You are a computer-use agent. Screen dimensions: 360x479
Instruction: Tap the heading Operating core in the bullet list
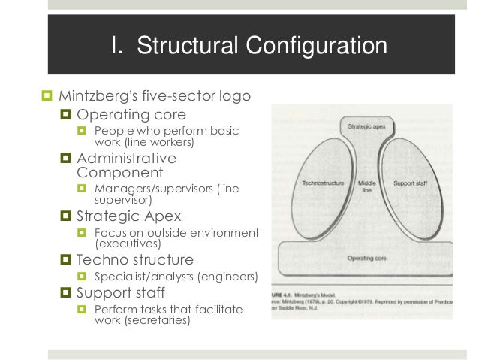(131, 115)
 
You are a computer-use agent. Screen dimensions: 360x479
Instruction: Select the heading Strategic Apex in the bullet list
(129, 216)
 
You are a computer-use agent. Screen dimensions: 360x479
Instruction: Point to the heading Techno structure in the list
(135, 259)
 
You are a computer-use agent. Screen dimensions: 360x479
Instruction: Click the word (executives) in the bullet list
(128, 244)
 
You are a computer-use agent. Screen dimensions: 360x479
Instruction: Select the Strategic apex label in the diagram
(367, 128)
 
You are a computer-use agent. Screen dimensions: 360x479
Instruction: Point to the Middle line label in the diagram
(367, 186)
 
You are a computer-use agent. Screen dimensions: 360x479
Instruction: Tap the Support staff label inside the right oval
(410, 183)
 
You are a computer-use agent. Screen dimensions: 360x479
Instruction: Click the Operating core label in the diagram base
(366, 258)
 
